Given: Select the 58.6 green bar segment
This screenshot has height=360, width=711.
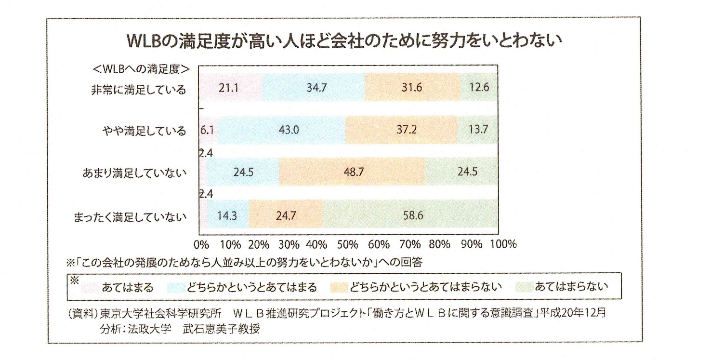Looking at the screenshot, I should point(412,215).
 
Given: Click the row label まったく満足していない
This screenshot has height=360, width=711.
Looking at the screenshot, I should point(130,216).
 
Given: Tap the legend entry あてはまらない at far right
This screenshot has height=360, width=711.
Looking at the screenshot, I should point(570,288).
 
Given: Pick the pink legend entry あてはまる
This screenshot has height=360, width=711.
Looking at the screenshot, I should point(128,288).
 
